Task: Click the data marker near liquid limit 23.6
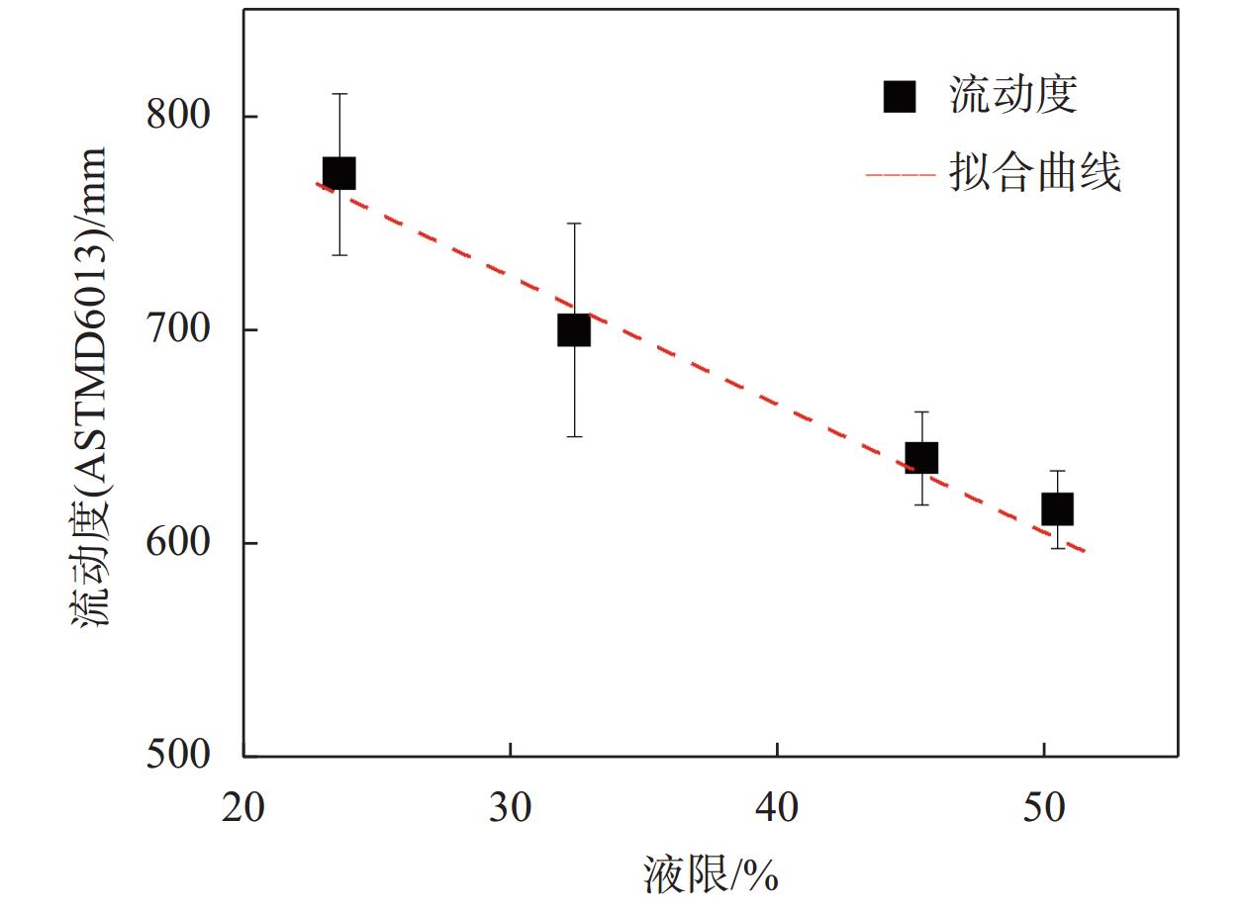(x=339, y=173)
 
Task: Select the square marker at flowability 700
(x=574, y=329)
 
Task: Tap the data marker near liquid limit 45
(x=921, y=458)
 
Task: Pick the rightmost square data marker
(x=1058, y=508)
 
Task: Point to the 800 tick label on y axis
(x=178, y=116)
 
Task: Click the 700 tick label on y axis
(x=178, y=329)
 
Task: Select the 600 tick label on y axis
(x=178, y=543)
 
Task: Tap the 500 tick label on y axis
(x=178, y=756)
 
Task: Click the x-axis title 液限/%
(x=711, y=873)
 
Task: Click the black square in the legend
(x=900, y=96)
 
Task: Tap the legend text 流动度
(x=1012, y=96)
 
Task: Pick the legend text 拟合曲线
(x=1034, y=174)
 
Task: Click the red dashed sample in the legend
(x=900, y=175)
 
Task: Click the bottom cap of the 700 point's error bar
(x=574, y=436)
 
